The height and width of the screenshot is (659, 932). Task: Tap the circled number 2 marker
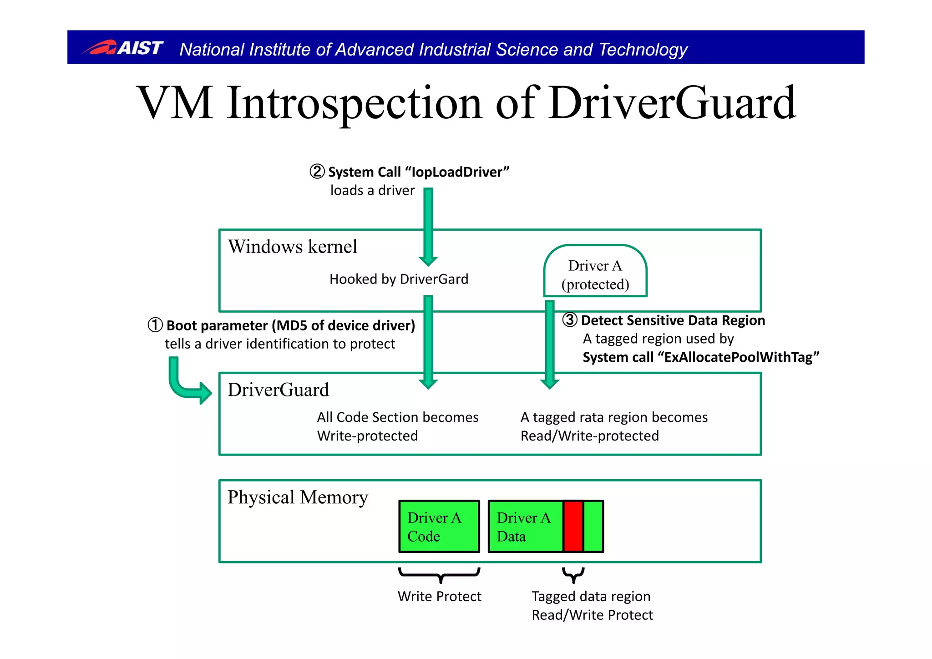[x=317, y=172]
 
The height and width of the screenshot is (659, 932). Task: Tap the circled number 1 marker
[x=155, y=325]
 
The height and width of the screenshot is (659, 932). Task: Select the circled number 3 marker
[x=570, y=320]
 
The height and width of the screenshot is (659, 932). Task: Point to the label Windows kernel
[x=293, y=247]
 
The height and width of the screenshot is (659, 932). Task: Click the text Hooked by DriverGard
[x=399, y=279]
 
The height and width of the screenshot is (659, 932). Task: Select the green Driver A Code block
[x=439, y=527]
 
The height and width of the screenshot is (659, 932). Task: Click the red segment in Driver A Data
[x=573, y=527]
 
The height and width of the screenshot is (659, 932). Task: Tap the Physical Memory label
[x=298, y=497]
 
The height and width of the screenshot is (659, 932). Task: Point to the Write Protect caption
[x=439, y=596]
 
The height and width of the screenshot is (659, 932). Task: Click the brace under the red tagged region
[x=573, y=574]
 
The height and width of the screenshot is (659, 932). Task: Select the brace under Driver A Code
[x=440, y=574]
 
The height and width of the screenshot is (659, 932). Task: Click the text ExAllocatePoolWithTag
[x=738, y=357]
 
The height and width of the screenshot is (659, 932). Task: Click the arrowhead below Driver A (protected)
[x=550, y=383]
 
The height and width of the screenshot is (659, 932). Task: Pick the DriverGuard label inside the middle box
[x=278, y=390]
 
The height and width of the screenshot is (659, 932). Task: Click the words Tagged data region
[x=591, y=596]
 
